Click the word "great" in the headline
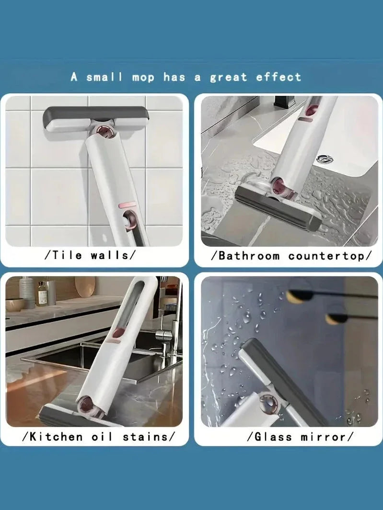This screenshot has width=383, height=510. tap(229, 78)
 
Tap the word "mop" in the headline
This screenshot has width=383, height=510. tap(143, 78)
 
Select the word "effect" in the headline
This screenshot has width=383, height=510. tap(279, 77)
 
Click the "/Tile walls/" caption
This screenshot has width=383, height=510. tap(90, 255)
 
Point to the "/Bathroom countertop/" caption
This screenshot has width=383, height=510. tap(291, 256)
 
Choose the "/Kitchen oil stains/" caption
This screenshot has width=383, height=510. tap(99, 436)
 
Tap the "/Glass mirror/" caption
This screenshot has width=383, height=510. tap(300, 436)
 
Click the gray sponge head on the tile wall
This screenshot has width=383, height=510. tap(96, 118)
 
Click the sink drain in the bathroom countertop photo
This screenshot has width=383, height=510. tap(325, 159)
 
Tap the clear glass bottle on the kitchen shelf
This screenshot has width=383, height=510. tap(42, 294)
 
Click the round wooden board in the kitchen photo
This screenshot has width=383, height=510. tap(85, 286)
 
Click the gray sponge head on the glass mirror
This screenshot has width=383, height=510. tap(282, 381)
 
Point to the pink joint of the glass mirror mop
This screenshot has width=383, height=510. tap(269, 404)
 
